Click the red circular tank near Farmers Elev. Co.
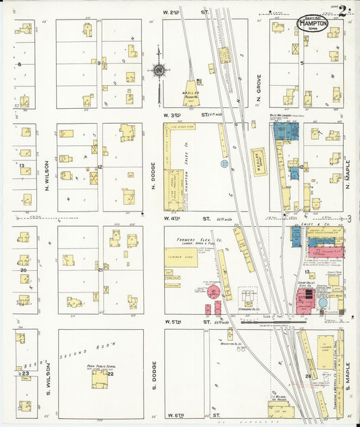point(214,293)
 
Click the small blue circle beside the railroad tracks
point(224,163)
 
